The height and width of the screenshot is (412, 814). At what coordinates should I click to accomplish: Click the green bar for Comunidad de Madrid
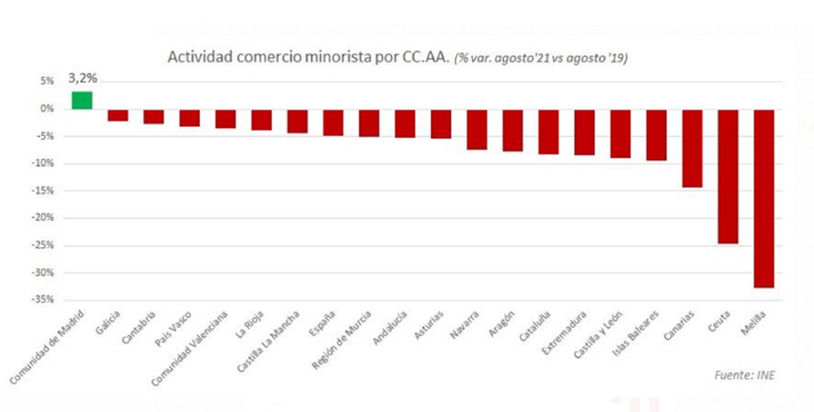(82, 100)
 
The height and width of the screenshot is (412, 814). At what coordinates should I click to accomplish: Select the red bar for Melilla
(764, 198)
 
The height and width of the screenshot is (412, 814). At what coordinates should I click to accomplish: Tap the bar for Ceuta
(728, 177)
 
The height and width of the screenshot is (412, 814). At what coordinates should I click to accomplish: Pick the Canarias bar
(692, 148)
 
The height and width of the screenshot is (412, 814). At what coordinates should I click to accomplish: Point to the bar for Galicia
(118, 115)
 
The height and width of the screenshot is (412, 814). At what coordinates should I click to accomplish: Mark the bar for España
(333, 123)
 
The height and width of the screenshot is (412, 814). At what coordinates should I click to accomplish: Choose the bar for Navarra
(477, 129)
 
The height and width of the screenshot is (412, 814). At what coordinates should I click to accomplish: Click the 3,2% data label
(83, 78)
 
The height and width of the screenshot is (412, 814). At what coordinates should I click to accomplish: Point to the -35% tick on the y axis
(43, 299)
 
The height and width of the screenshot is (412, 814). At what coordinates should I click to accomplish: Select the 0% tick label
(47, 109)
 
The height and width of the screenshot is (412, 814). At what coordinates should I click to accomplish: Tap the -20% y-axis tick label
(43, 217)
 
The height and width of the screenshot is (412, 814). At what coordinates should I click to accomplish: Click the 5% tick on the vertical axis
(47, 81)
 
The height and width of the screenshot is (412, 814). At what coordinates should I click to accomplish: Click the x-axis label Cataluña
(534, 327)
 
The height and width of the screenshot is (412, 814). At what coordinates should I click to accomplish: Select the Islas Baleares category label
(635, 334)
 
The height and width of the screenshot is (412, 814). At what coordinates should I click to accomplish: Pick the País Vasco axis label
(173, 330)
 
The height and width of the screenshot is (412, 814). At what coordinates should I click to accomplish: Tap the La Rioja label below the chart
(249, 325)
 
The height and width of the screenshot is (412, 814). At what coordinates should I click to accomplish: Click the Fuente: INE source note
(744, 376)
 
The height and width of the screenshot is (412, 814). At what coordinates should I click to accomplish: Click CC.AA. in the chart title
(425, 57)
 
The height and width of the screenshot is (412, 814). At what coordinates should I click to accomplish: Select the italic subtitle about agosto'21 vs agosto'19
(541, 58)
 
